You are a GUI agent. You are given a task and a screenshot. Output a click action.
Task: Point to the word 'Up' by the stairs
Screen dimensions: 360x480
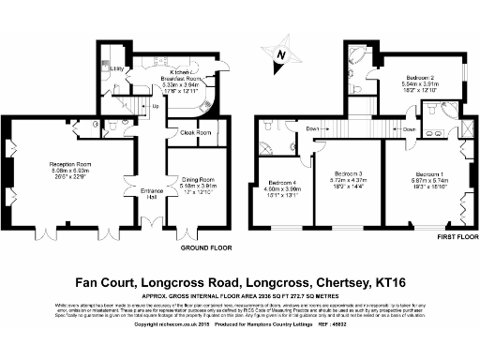click(155, 106)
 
